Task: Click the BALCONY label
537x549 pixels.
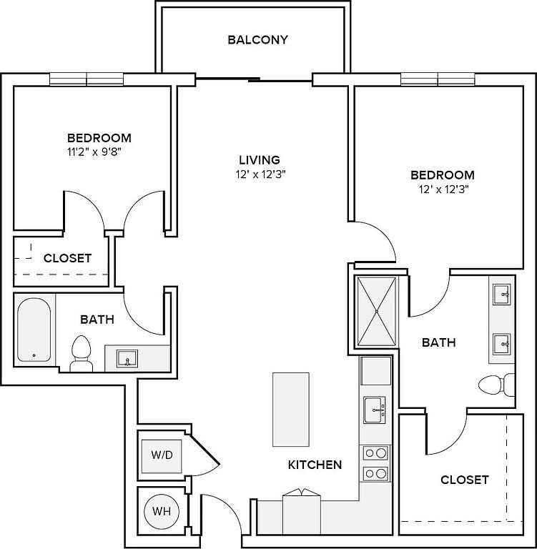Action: pos(258,39)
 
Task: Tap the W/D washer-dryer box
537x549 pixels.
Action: pos(162,456)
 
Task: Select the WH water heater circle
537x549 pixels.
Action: pos(162,511)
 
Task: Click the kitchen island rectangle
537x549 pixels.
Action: pos(291,410)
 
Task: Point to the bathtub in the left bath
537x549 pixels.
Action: pos(34,330)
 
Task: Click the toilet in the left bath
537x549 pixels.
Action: pos(82,354)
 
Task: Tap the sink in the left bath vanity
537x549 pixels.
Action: pos(127,358)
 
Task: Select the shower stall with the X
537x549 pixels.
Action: pos(377,311)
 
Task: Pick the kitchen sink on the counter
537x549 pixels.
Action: pos(375,410)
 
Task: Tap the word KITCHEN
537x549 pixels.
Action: pos(315,465)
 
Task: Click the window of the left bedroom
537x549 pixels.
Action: pos(87,79)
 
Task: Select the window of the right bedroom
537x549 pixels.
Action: pos(438,79)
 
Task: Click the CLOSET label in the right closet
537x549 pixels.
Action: pos(465,480)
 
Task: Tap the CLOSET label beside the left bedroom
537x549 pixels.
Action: pos(67,258)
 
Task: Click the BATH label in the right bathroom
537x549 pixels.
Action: pos(438,342)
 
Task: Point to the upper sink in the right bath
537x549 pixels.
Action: pos(502,294)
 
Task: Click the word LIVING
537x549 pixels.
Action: pos(260,160)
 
